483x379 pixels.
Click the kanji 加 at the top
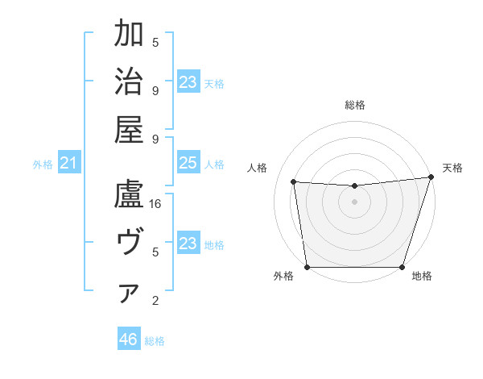coord(129,36)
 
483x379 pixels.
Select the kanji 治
coord(129,83)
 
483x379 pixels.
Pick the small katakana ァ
coord(129,294)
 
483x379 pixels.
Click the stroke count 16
coord(156,204)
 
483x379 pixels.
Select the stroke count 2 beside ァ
coord(156,301)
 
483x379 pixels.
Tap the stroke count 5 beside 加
coord(156,42)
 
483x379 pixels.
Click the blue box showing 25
coord(188,164)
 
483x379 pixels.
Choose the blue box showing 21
coord(69,164)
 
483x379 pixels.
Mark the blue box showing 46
coord(129,339)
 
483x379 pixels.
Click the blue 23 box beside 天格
coord(188,82)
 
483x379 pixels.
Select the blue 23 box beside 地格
coord(188,244)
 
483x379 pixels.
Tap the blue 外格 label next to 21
coord(43,165)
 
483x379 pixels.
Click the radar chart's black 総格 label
coord(355,105)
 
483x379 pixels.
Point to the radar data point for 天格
coord(431,177)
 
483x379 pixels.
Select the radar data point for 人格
coord(293,182)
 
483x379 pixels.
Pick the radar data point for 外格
coord(307,267)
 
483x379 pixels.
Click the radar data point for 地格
coord(402,267)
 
